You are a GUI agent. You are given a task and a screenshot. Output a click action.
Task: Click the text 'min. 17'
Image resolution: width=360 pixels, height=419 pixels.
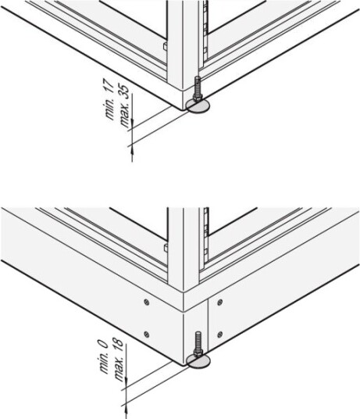pyautogui.click(x=110, y=99)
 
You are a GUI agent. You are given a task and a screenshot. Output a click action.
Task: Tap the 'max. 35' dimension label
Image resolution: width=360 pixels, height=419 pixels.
pyautogui.click(x=125, y=106)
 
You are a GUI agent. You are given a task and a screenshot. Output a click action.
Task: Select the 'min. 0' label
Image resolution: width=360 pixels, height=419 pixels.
pyautogui.click(x=104, y=356)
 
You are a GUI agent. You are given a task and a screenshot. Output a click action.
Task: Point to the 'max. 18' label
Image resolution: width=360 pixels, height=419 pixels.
pyautogui.click(x=119, y=360)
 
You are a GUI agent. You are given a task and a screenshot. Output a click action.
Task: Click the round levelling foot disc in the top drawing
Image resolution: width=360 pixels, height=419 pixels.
pyautogui.click(x=198, y=106)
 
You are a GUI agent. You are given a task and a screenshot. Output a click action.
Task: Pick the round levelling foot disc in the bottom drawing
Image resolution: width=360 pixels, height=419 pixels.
pyautogui.click(x=198, y=360)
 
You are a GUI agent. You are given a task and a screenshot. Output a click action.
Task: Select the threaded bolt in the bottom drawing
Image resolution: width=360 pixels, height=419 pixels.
pyautogui.click(x=198, y=344)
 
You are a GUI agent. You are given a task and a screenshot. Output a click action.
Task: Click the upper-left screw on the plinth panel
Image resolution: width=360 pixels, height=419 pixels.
pyautogui.click(x=147, y=303)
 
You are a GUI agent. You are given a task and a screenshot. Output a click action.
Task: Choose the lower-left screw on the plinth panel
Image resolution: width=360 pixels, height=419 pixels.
pyautogui.click(x=147, y=334)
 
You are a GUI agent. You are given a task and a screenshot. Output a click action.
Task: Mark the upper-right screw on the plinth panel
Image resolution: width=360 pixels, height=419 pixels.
pyautogui.click(x=220, y=303)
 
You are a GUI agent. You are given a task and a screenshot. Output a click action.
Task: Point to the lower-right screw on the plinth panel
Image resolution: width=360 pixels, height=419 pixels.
pyautogui.click(x=220, y=334)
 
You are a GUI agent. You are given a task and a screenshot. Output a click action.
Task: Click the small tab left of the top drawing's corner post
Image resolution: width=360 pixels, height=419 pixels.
pyautogui.click(x=166, y=46)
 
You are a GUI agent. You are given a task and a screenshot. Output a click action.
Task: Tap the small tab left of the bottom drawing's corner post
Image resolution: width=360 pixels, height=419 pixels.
pyautogui.click(x=166, y=248)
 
